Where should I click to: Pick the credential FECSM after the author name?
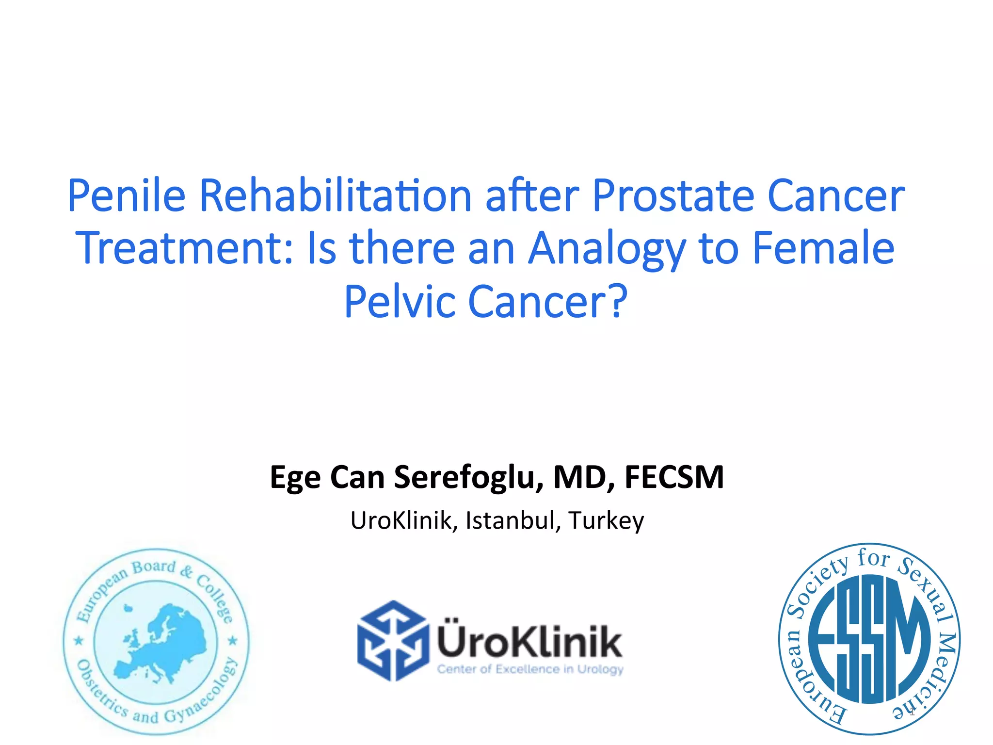[x=674, y=477]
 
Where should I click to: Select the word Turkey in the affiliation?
[x=606, y=520]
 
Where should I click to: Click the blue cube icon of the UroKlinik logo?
[x=393, y=641]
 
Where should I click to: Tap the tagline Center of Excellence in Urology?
[x=530, y=669]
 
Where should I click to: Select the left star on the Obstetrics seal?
[x=79, y=641]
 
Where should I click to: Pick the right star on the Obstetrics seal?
[x=233, y=641]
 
